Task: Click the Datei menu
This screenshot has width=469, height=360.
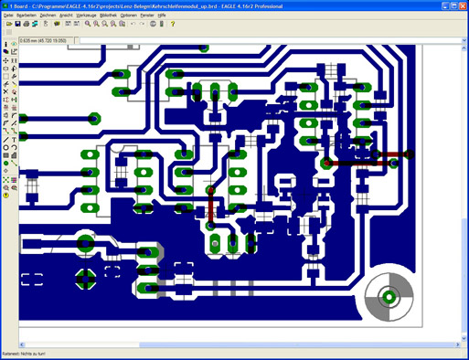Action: coord(8,16)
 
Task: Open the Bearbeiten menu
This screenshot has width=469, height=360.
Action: coord(27,16)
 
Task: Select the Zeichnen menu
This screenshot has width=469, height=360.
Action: coord(48,16)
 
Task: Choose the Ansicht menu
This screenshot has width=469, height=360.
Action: coord(67,16)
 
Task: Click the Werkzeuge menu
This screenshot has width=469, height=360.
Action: coord(87,16)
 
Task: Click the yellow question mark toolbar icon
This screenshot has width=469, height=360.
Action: coord(6,195)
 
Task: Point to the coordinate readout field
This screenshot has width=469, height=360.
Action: coord(55,41)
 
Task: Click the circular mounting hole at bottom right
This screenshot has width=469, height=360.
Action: coord(389,296)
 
